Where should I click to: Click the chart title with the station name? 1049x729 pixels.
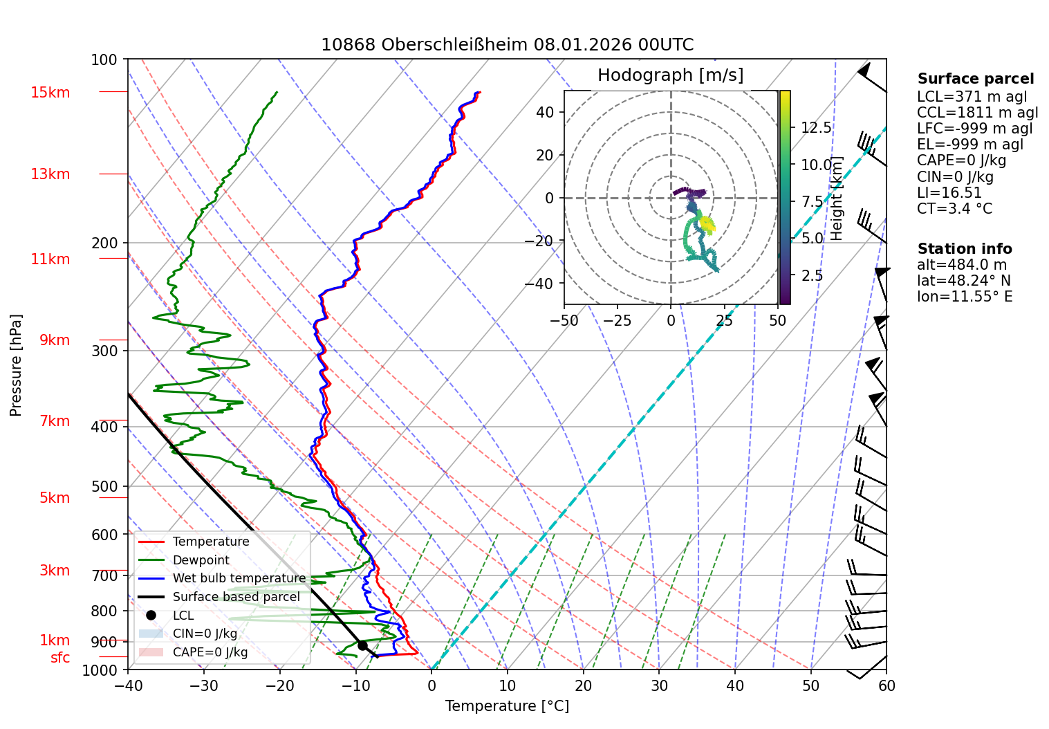point(507,45)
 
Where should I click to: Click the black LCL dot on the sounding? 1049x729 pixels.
point(362,645)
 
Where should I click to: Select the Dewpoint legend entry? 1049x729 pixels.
point(201,560)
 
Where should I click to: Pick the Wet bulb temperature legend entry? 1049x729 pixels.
point(239,578)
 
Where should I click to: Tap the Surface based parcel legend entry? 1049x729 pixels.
point(236,597)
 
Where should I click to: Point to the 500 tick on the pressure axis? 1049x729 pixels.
point(104,486)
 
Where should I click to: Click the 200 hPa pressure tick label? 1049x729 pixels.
point(104,243)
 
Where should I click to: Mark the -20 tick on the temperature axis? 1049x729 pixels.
point(279,685)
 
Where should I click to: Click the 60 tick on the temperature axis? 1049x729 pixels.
point(886,685)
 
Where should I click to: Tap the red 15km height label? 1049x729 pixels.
point(50,93)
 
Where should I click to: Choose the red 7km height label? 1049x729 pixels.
point(55,421)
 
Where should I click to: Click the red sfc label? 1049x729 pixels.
point(60,658)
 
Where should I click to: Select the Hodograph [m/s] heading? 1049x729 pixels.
point(670,75)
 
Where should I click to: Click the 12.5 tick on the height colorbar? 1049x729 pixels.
point(816,128)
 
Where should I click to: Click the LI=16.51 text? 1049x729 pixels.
point(949,192)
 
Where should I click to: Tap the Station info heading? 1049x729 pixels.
point(964,249)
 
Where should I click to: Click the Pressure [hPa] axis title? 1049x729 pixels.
point(16,365)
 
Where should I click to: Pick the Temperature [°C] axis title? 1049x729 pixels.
point(507,706)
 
